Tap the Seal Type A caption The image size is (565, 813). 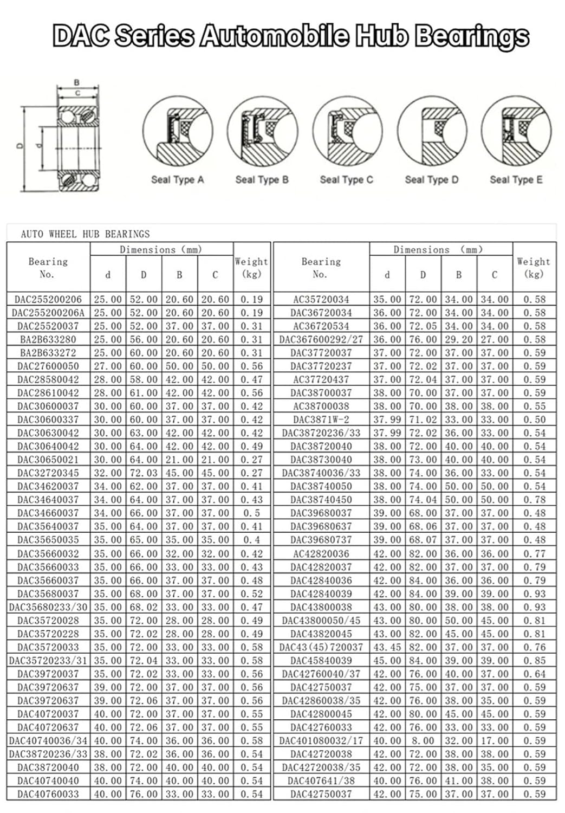pos(177,179)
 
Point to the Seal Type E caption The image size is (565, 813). pos(516,179)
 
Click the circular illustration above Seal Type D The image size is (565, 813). pos(432,132)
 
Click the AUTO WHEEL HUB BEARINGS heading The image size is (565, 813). pos(85,234)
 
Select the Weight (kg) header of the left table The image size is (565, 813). pos(251,267)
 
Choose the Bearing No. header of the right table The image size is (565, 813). pos(321,267)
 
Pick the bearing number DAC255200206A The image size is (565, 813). pos(48,313)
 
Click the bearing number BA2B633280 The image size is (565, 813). pos(48,339)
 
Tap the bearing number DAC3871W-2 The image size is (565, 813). pos(321,420)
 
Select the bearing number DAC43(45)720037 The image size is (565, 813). pos(321,647)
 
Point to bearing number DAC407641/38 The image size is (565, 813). pos(321,781)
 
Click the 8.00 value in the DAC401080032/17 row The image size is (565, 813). pos(423,741)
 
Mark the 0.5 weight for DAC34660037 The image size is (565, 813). pos(251,513)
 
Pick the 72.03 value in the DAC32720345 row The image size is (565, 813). pos(144,473)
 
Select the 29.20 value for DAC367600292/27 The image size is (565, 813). pos(458,339)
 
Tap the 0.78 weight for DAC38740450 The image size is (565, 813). pos(534,500)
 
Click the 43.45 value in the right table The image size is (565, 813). pos(387,647)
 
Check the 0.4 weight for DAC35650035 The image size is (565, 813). pos(251,540)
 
